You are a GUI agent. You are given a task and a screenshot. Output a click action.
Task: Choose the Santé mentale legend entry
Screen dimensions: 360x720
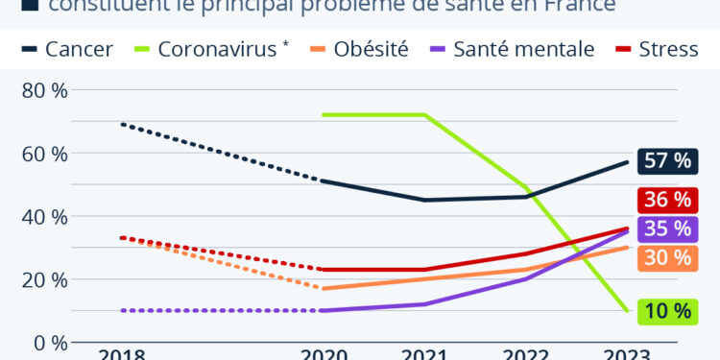click(511, 49)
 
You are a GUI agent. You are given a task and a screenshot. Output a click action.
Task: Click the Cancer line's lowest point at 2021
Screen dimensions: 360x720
click(424, 200)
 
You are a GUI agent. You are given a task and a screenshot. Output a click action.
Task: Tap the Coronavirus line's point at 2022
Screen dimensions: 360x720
click(526, 187)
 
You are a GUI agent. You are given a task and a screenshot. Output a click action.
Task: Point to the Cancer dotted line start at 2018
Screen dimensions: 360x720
click(121, 124)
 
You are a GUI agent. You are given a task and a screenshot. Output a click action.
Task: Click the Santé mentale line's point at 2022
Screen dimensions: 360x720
click(526, 278)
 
